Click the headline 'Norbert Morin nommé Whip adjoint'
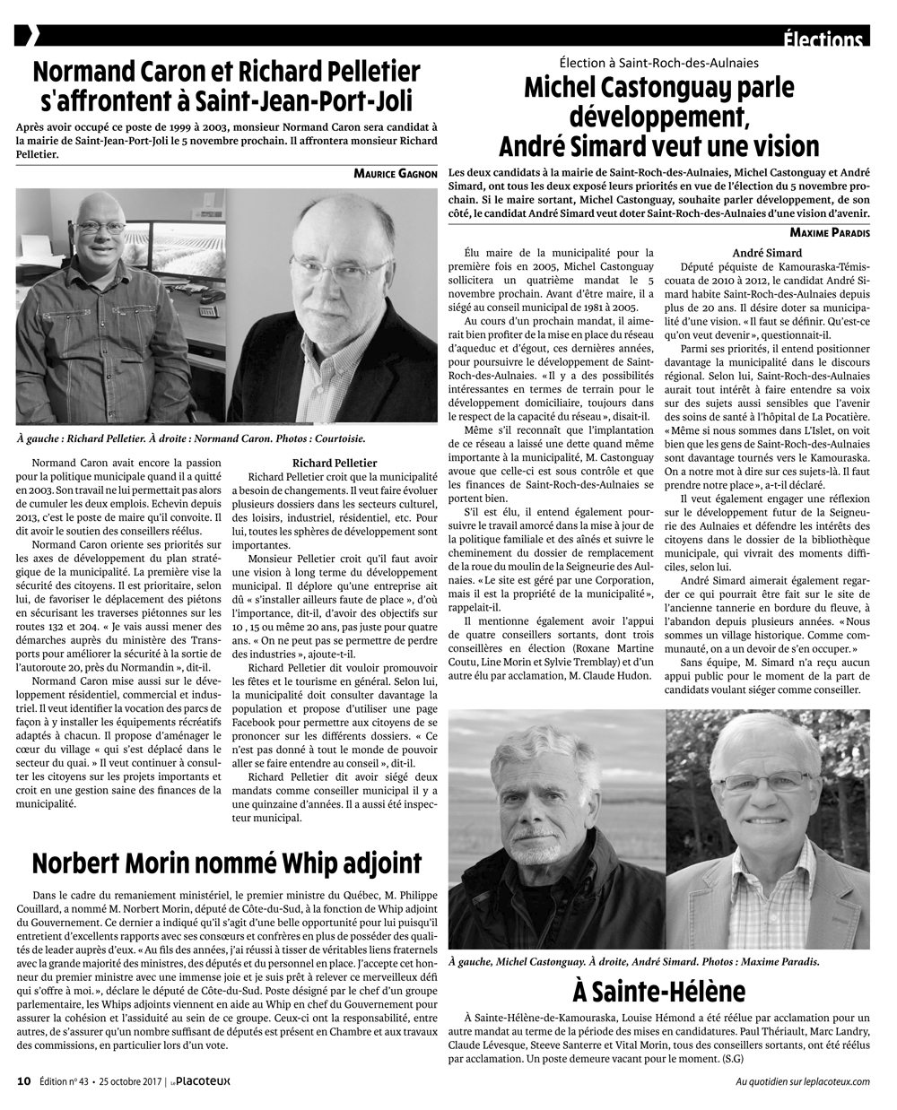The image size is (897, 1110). pyautogui.click(x=227, y=863)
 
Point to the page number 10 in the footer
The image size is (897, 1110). pyautogui.click(x=24, y=1080)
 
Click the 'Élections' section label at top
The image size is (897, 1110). pyautogui.click(x=822, y=40)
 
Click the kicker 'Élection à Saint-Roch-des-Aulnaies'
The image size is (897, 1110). pyautogui.click(x=659, y=63)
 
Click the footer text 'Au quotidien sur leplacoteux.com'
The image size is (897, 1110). pyautogui.click(x=802, y=1080)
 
